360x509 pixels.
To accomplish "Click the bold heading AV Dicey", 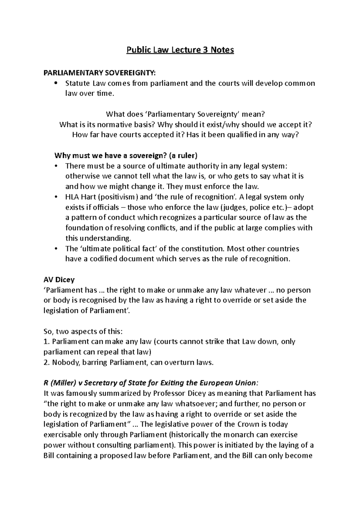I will [59, 280].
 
